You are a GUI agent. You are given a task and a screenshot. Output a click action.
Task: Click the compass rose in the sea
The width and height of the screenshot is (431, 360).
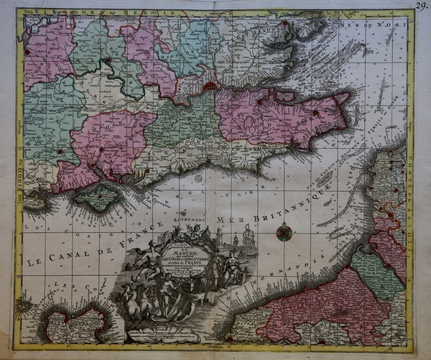pyautogui.click(x=284, y=231)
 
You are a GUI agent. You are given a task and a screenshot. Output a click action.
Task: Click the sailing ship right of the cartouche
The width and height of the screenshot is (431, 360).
pyautogui.click(x=248, y=236)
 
